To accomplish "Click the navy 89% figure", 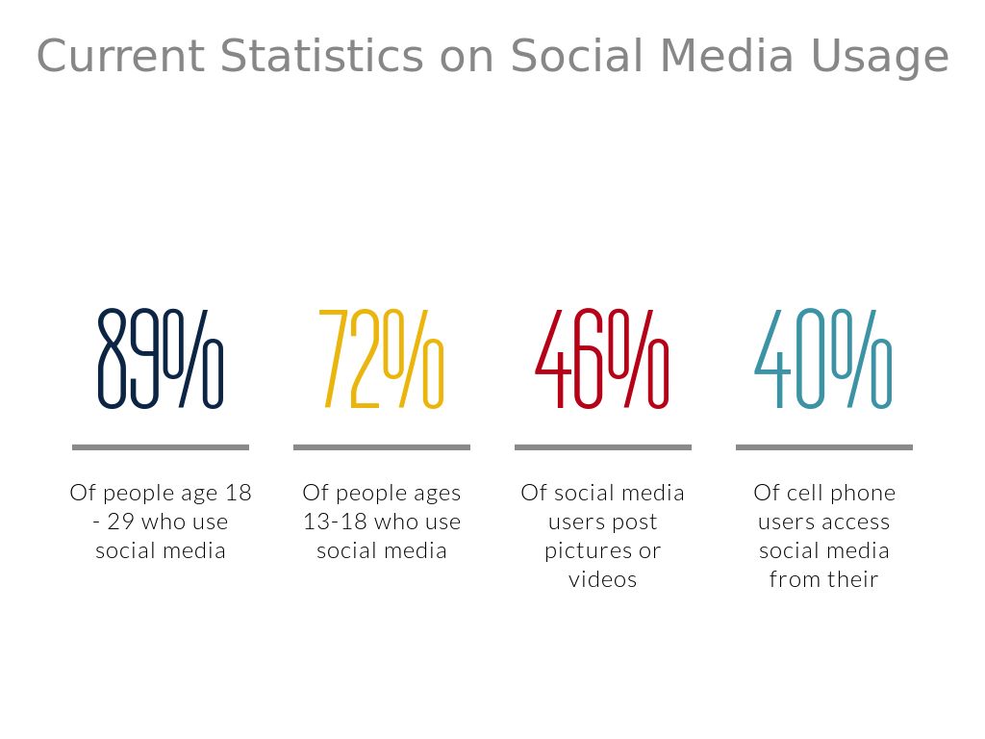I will [161, 358].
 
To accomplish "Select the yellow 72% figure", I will [381, 358].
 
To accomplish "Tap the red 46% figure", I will [602, 358].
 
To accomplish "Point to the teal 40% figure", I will [823, 358].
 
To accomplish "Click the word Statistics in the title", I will [320, 56].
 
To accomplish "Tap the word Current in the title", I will [120, 56].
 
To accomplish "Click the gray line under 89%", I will [161, 447].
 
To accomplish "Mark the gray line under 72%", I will [381, 447].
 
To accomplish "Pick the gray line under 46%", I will [602, 447].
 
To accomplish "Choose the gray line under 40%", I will [823, 447].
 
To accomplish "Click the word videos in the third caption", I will [602, 580].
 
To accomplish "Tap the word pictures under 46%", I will [580, 551].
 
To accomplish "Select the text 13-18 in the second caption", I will [336, 522].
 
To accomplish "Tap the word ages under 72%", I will [438, 494].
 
